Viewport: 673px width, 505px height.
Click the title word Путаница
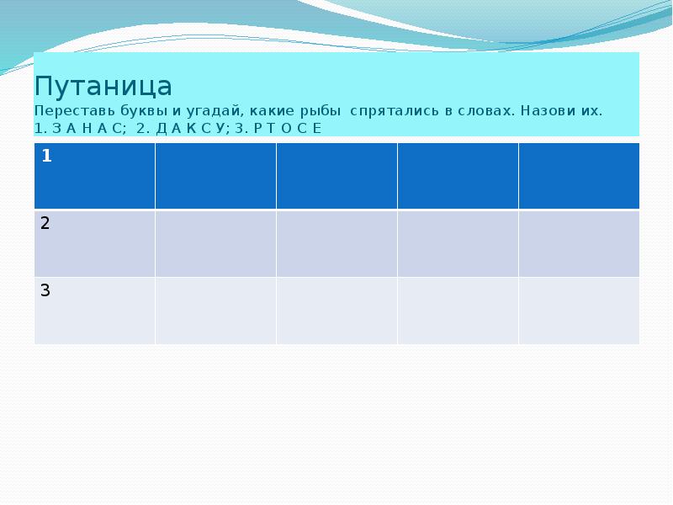103,87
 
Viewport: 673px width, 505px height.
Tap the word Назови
549,112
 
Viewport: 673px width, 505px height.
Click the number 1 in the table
46,157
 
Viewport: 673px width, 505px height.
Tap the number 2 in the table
45,223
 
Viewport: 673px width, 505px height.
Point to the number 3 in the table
45,291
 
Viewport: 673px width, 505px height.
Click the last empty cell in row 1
579,175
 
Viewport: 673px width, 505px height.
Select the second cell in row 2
215,243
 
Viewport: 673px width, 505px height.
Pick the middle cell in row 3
336,311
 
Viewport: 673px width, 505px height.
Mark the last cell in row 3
579,311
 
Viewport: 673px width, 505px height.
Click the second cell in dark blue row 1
215,175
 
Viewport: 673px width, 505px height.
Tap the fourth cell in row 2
458,243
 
